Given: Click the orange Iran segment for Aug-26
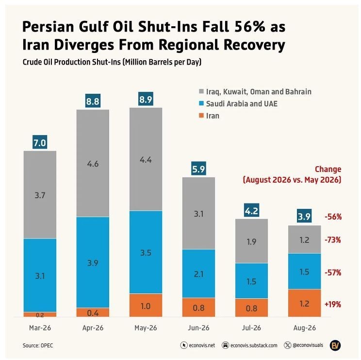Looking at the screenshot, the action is tap(304, 303).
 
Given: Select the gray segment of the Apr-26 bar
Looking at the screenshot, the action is tap(93, 163).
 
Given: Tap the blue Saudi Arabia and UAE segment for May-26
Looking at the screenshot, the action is tap(146, 252).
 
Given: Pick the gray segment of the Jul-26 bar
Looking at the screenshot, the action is tap(251, 241).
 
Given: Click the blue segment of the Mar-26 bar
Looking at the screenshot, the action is tap(40, 275).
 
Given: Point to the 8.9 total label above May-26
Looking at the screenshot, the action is tap(146, 99).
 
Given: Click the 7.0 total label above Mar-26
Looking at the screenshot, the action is tap(40, 142).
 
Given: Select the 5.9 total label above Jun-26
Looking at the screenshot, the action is tap(198, 169).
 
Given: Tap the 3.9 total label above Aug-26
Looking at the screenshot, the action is tap(304, 216).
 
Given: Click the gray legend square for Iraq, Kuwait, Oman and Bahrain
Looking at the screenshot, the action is tap(201, 91).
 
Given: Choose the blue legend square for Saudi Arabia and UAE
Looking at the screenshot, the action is tap(201, 103).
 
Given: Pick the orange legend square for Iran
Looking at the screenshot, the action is tap(201, 116).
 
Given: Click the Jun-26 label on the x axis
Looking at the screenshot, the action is tap(198, 328).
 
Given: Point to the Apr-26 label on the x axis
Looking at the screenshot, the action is tap(93, 328).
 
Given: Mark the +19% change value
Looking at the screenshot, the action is tap(333, 304).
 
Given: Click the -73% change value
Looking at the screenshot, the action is tap(333, 240).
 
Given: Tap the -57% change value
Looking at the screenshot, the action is tap(333, 273).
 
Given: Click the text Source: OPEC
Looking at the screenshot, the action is tap(38, 345).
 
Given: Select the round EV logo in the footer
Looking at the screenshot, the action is tap(335, 345).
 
